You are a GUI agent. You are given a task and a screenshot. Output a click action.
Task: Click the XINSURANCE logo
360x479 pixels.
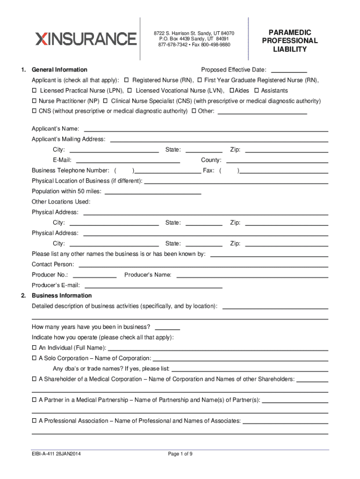click(x=86, y=38)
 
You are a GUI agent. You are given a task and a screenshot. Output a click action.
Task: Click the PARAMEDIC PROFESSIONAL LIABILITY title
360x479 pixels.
click(x=290, y=41)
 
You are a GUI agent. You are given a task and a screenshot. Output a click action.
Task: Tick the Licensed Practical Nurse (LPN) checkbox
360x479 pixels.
click(x=34, y=90)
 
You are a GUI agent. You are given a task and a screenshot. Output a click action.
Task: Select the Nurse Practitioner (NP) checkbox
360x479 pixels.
click(x=34, y=101)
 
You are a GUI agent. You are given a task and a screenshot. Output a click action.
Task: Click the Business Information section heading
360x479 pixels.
click(x=62, y=296)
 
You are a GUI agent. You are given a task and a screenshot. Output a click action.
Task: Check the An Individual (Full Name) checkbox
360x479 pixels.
click(x=34, y=348)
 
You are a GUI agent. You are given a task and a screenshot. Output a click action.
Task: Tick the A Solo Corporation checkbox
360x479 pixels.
click(x=34, y=358)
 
